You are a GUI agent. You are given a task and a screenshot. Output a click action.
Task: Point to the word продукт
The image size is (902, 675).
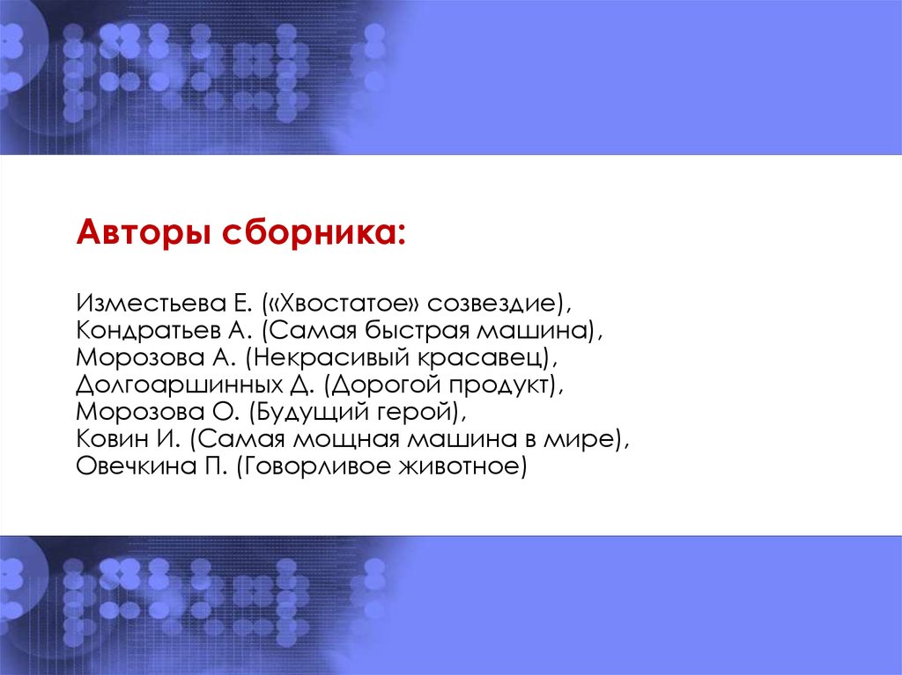(x=499, y=385)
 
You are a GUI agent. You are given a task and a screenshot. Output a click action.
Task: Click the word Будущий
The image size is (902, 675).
(x=310, y=413)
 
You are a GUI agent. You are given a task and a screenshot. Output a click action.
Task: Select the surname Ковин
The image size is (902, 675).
(x=109, y=439)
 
